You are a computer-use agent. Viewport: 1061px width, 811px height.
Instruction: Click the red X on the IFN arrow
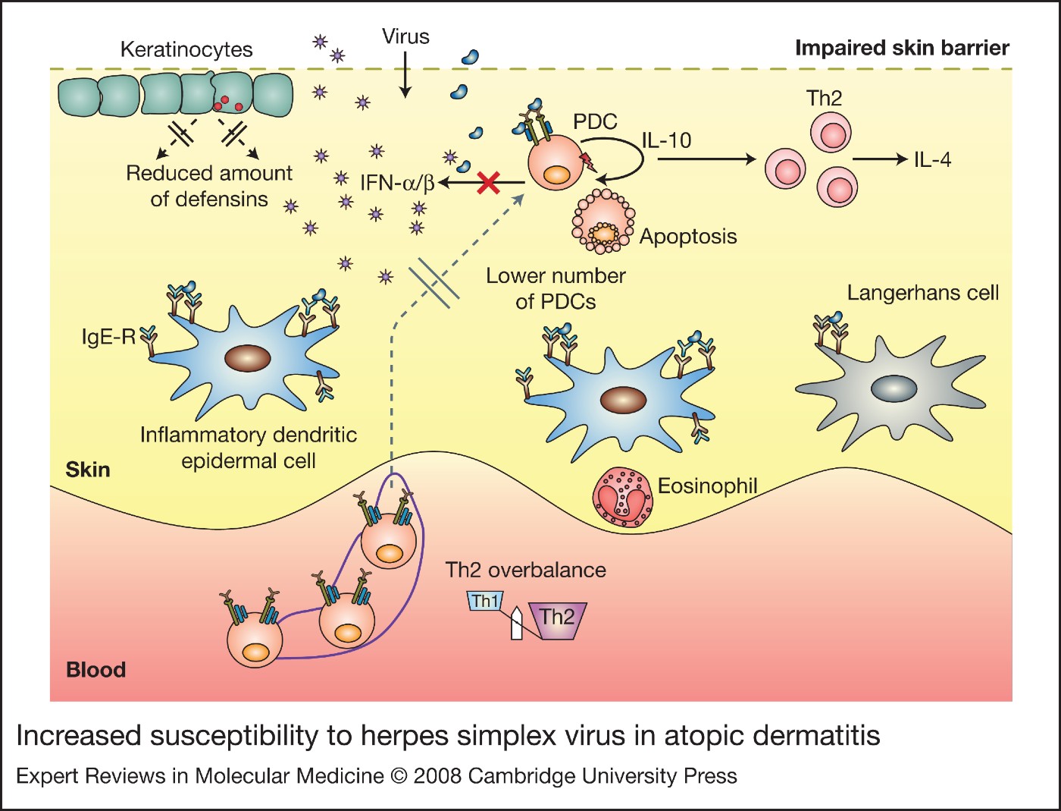pos(489,182)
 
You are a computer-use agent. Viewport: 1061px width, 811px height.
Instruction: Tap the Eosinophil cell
pos(622,498)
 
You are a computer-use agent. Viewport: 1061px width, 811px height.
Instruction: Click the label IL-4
pos(932,160)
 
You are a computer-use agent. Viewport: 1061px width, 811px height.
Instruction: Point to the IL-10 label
pos(666,140)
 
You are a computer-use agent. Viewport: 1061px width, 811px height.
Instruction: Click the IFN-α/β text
pos(396,183)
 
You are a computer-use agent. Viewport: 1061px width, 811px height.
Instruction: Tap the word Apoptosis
pos(688,237)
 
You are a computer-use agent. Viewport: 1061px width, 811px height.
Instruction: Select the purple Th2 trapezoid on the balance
pos(559,619)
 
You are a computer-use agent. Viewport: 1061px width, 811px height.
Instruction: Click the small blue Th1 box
pos(485,602)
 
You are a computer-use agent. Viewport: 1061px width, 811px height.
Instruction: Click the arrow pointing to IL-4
pos(879,159)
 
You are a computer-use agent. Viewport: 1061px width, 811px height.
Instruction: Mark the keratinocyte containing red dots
pos(231,95)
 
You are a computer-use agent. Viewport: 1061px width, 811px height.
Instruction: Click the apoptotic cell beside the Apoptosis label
pos(603,222)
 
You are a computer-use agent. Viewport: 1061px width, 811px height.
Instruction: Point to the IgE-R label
pos(108,337)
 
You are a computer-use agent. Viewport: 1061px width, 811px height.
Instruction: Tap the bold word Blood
pos(95,670)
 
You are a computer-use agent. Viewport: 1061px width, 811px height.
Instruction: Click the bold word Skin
pos(87,470)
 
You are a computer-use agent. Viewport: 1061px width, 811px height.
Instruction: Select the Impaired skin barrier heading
pos(902,49)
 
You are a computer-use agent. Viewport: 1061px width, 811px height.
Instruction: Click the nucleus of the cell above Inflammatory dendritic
pos(248,358)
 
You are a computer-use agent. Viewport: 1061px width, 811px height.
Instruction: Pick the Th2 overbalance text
pos(525,571)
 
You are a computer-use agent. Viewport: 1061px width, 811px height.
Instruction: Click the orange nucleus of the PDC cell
pos(557,174)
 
